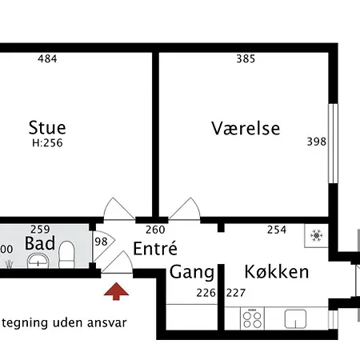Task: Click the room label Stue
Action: pos(47,127)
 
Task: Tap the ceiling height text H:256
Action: pos(47,144)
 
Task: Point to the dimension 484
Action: pos(50,58)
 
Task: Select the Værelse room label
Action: pos(246,128)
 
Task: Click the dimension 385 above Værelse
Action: pos(246,58)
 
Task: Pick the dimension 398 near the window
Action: pos(317,142)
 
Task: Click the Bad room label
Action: pos(39,242)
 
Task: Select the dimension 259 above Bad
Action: pos(40,229)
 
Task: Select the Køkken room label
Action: pos(276,272)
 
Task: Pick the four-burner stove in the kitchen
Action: pos(252,318)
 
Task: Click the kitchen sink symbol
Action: pos(297,318)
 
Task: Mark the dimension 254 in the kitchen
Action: pos(276,230)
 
